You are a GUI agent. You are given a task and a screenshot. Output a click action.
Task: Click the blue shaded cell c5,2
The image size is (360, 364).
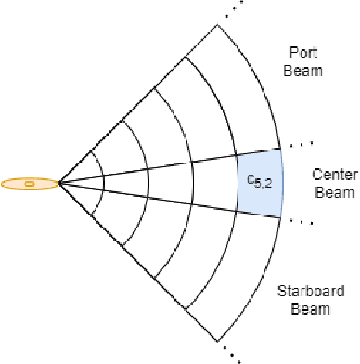[x=258, y=183]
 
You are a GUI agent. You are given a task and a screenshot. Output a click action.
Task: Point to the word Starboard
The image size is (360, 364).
[x=311, y=291]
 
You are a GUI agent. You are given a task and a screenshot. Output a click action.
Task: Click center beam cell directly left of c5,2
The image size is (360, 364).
[x=213, y=183]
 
